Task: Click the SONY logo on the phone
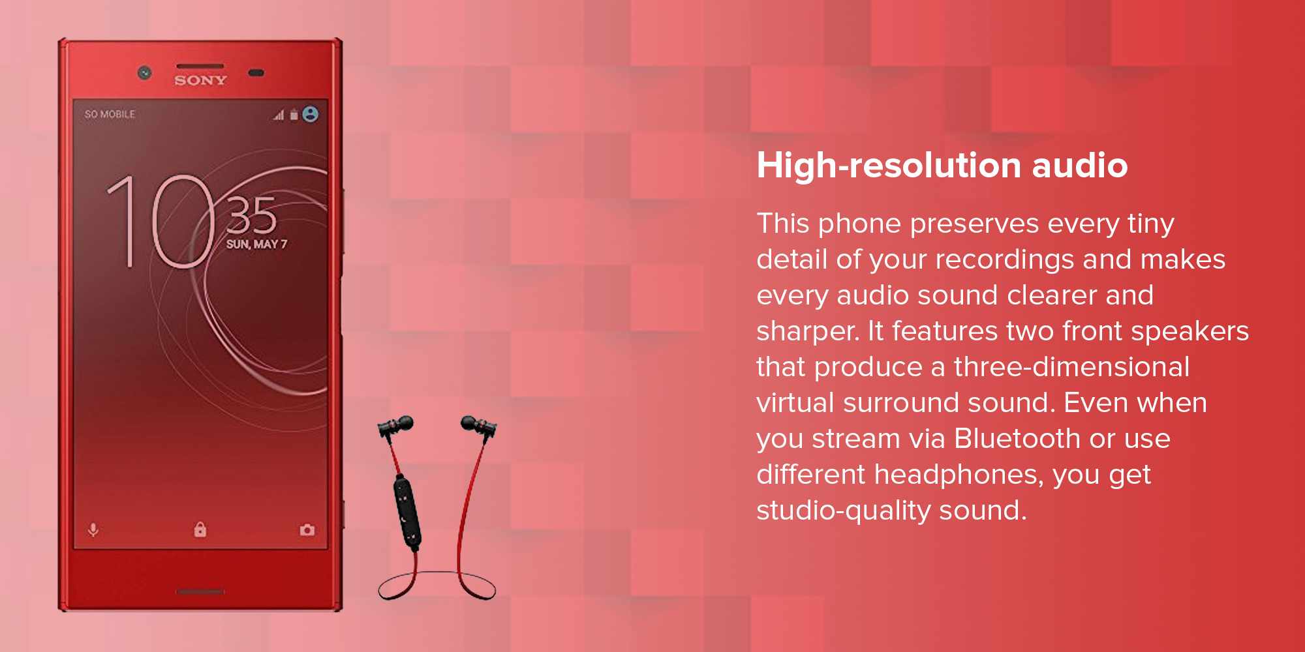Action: [200, 80]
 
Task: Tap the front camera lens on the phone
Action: [145, 72]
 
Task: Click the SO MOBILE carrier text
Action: [110, 114]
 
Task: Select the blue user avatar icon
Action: [311, 114]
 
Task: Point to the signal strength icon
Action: [279, 115]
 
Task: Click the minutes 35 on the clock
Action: [251, 215]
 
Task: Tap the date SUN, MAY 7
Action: [256, 244]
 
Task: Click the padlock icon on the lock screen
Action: [200, 529]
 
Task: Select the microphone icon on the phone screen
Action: [93, 529]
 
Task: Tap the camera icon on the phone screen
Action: [307, 529]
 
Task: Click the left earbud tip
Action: [404, 423]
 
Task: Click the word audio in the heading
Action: [1080, 165]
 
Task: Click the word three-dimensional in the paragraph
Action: [1072, 366]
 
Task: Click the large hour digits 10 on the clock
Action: [161, 222]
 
